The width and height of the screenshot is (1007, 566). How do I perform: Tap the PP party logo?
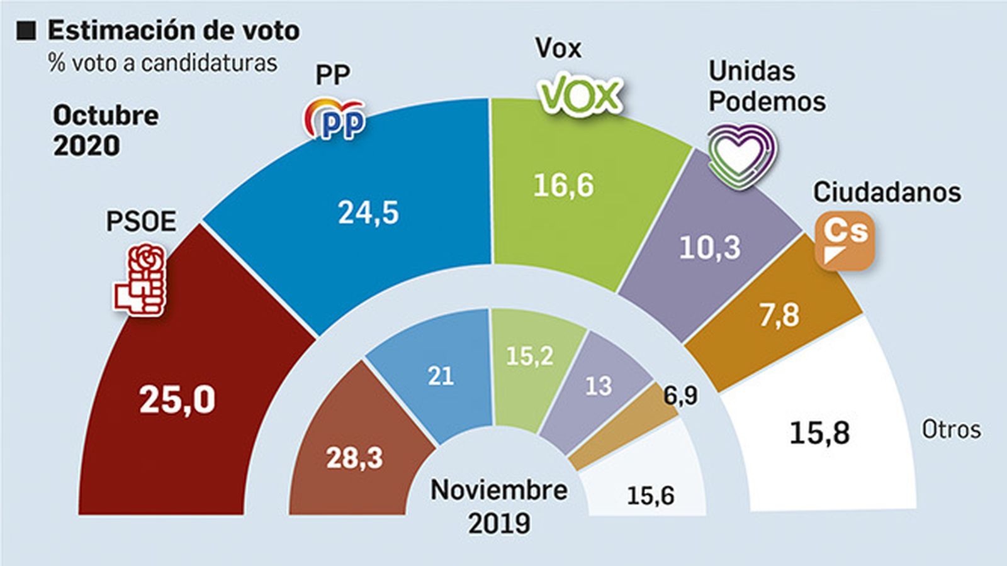335,118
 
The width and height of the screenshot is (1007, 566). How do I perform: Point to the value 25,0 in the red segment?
177,399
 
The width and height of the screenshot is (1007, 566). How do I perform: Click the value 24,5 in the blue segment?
368,213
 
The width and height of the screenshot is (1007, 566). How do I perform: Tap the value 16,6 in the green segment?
563,186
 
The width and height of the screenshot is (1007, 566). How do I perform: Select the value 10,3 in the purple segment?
710,248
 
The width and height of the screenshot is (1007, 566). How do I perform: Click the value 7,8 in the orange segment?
779,315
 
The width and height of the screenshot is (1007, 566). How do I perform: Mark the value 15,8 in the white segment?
819,433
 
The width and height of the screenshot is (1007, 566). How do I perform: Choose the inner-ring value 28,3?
354,458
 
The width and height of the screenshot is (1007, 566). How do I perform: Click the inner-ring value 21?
441,376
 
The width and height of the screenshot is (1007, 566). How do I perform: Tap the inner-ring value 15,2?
530,356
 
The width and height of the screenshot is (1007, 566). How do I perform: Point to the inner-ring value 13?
598,386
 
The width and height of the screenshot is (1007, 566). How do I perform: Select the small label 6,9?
681,396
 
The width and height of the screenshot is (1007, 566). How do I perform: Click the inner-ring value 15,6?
650,496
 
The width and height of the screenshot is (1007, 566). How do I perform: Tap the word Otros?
951,430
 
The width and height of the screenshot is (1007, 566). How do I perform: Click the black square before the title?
26,31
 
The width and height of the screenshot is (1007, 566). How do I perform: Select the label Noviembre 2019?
499,506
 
